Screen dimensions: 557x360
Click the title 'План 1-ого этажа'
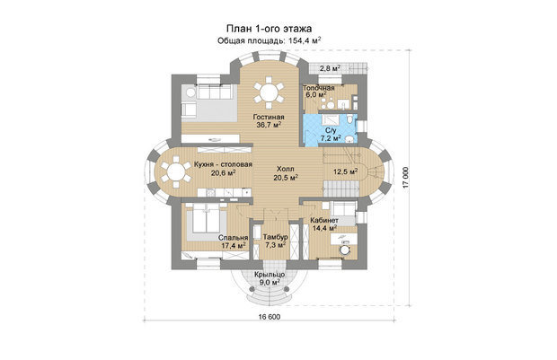[x=270, y=28]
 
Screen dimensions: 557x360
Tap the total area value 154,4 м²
[x=305, y=40]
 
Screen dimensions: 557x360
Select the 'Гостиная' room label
[x=269, y=117]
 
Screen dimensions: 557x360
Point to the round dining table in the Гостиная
[x=269, y=93]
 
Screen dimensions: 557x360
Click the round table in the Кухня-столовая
[x=176, y=172]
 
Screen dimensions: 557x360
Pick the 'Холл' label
[x=286, y=169]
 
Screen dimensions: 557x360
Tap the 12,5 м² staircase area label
[x=345, y=171]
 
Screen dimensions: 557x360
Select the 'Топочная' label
[x=319, y=88]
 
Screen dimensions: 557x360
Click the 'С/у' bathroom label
[x=331, y=131]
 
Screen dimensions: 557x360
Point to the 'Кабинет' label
[x=324, y=221]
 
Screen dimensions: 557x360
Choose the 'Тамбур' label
[x=275, y=237]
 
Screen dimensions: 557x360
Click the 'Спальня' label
[x=233, y=238]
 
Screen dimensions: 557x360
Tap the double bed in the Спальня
[x=207, y=219]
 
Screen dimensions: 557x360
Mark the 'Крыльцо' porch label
[x=270, y=275]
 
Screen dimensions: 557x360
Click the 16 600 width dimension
[x=269, y=317]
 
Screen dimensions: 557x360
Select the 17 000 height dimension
[x=406, y=179]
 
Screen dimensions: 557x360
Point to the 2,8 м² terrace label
[x=330, y=68]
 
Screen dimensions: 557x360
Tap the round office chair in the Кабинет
[x=344, y=250]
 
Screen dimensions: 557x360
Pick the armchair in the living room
[x=189, y=110]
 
